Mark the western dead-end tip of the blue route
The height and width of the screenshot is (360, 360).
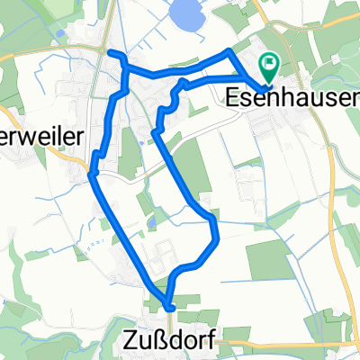pos(111,54)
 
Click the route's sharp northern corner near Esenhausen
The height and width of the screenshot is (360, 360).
pos(229,51)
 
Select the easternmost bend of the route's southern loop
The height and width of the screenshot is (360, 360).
pos(218,238)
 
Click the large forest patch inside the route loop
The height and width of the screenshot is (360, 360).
pos(189,166)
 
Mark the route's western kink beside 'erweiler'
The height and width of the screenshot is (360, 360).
pos(92,172)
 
